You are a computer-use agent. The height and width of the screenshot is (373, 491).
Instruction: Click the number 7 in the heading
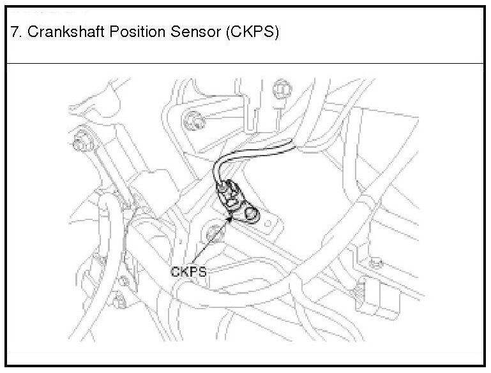click(15, 32)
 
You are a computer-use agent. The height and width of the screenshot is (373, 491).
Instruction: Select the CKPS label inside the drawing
click(188, 271)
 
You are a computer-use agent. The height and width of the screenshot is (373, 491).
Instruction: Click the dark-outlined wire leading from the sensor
click(255, 151)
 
